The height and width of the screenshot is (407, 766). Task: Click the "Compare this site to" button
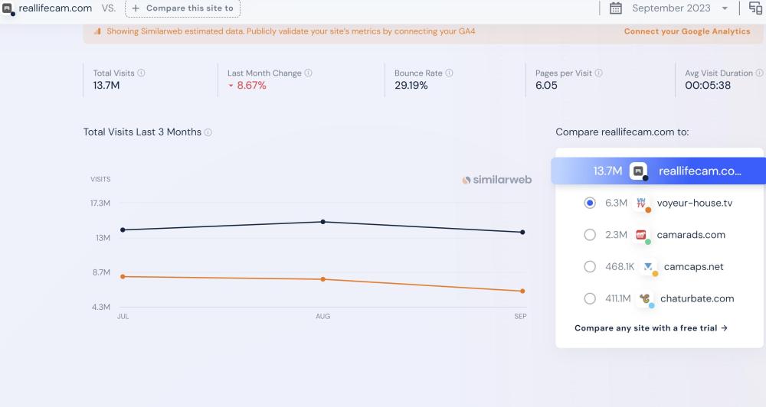point(182,8)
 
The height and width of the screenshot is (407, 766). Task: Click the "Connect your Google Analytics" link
point(687,31)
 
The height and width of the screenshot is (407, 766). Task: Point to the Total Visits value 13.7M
point(106,86)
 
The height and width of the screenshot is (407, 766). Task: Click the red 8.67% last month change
point(251,86)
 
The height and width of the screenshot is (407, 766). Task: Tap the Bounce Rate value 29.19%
point(411,86)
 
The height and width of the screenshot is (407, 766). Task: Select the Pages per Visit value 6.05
point(546,86)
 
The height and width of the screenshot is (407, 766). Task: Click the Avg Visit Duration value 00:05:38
point(708,86)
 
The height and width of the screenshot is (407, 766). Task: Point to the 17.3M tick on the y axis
point(100,203)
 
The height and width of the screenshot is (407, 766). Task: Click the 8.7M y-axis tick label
point(100,272)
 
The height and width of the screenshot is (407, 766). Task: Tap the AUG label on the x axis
point(323,316)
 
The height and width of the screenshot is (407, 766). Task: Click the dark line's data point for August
point(323,222)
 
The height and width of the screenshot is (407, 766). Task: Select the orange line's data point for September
point(522,291)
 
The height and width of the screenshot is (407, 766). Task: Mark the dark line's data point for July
point(123,230)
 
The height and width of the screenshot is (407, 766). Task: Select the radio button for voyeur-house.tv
point(590,203)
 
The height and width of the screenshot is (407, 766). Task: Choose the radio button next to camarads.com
point(590,235)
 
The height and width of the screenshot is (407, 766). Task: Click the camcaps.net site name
point(693,267)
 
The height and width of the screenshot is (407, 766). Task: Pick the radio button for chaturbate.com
point(590,298)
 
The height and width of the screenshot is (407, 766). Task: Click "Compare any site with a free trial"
point(650,328)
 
